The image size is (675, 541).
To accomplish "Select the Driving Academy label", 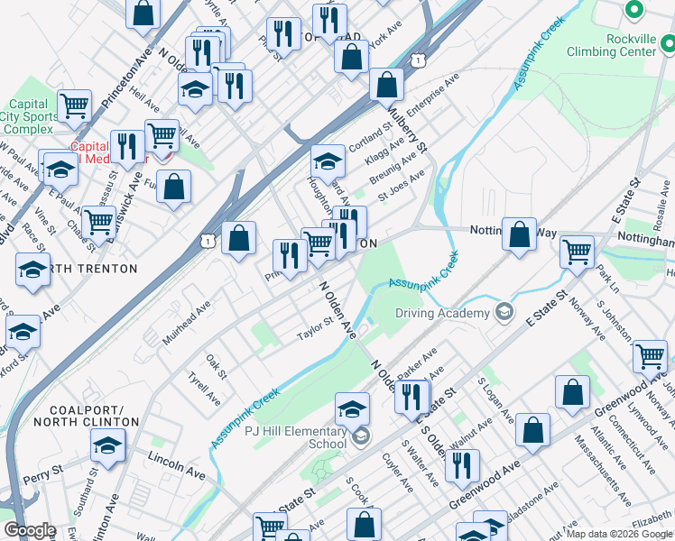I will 440,314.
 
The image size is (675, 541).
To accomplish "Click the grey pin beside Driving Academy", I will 504,313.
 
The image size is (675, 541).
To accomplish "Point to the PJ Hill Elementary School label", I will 295,437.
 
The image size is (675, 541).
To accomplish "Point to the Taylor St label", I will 317,335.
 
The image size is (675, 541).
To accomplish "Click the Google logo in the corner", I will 30,530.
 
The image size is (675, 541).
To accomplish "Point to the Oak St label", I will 215,365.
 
